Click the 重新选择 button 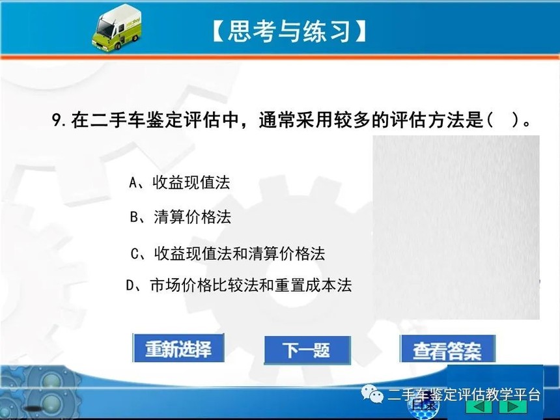pos(178,348)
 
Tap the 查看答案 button pos(447,349)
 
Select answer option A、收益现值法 pos(179,182)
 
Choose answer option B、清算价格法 pos(180,217)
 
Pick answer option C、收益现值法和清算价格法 pos(228,253)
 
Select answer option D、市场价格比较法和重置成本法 pos(239,285)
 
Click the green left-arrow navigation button pos(480,407)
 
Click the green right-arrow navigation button pos(513,407)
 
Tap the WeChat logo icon pos(372,394)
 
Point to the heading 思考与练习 pos(288,31)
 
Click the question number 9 pos(57,120)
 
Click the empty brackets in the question pos(503,120)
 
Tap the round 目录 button pos(423,406)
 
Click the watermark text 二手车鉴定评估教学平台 pos(464,395)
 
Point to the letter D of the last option pos(130,286)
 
